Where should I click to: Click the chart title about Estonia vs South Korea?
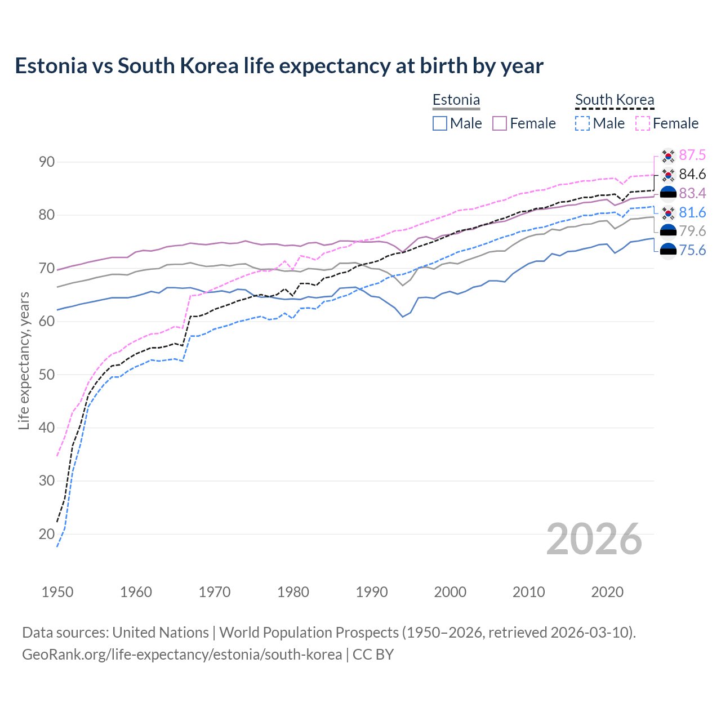(279, 66)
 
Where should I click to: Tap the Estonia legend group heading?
(456, 100)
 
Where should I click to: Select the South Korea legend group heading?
(615, 100)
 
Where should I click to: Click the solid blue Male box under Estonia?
(440, 123)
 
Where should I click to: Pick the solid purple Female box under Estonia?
(500, 123)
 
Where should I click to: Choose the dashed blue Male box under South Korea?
(582, 123)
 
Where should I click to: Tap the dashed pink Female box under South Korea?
(643, 123)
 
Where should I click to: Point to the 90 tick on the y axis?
(47, 162)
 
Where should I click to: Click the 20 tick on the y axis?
(47, 534)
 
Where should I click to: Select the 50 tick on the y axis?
(47, 375)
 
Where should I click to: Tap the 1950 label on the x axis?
(57, 592)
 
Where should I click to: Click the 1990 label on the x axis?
(372, 592)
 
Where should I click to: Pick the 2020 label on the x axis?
(607, 592)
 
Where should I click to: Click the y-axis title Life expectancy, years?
(24, 360)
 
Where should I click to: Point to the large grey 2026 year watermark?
(594, 539)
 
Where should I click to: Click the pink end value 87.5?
(692, 155)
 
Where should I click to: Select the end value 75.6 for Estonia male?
(692, 250)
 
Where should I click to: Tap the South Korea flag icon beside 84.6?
(668, 175)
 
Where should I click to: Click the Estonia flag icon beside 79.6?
(668, 232)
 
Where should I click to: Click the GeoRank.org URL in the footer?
(182, 655)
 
